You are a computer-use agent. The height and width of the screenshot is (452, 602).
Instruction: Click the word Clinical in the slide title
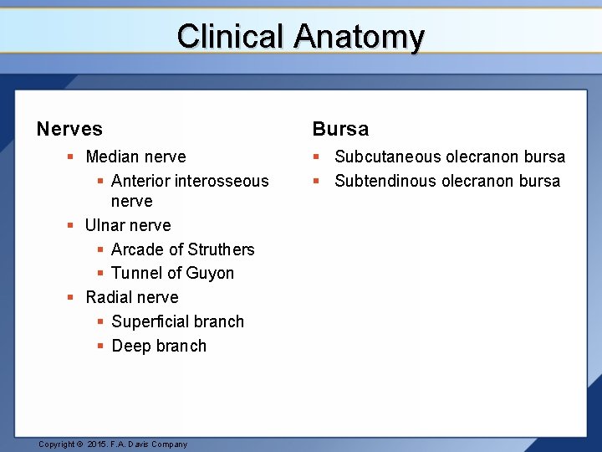231,37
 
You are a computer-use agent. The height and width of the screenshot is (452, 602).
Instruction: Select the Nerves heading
69,129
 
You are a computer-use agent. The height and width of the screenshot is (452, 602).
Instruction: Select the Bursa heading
340,129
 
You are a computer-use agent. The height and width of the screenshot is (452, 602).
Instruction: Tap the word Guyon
212,273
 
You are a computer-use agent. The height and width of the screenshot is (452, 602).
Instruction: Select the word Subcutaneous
387,157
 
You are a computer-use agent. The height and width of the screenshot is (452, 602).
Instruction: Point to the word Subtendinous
386,181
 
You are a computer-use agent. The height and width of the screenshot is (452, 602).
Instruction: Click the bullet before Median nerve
73,157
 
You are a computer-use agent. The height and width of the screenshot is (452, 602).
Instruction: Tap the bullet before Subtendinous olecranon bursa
318,181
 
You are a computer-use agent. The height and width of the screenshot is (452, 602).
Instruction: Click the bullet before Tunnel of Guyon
100,273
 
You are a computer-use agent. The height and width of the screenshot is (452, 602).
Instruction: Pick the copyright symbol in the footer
79,444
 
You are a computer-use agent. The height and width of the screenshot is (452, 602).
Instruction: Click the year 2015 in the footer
98,444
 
